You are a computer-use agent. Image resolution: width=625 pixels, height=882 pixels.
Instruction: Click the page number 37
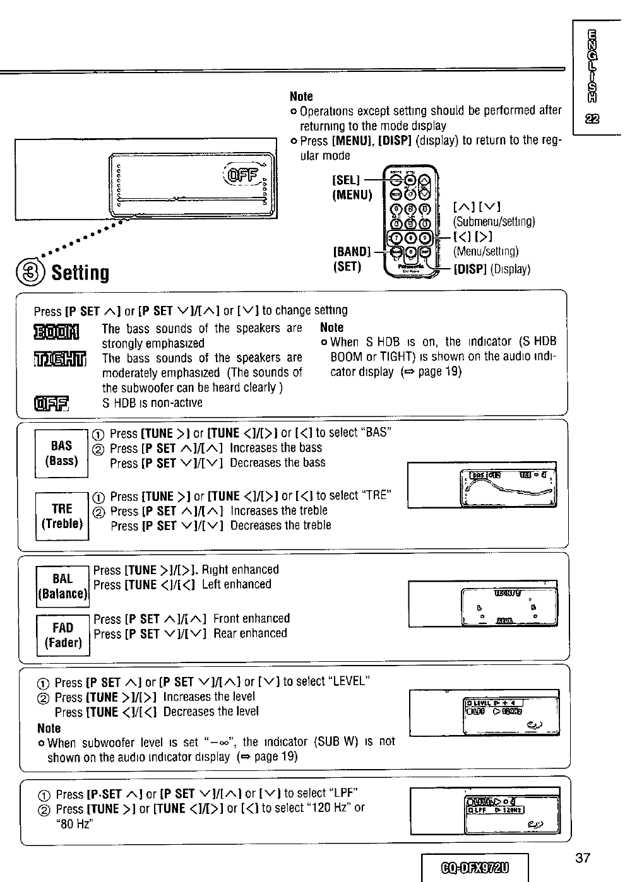click(583, 857)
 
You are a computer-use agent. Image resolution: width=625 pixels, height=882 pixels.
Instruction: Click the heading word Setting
click(81, 273)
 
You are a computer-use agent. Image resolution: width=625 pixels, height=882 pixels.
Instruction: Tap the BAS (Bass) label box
click(62, 453)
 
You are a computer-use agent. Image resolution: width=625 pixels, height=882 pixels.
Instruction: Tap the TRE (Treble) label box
click(62, 516)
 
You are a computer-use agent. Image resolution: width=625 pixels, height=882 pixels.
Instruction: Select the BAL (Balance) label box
click(62, 586)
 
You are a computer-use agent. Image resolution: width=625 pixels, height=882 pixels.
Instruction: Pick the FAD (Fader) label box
click(62, 635)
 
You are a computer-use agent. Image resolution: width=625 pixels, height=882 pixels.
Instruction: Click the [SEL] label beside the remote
click(344, 180)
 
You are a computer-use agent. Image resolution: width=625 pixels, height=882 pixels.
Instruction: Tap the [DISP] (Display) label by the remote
click(492, 269)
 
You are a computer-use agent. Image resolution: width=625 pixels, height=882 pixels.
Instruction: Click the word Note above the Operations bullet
click(301, 97)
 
